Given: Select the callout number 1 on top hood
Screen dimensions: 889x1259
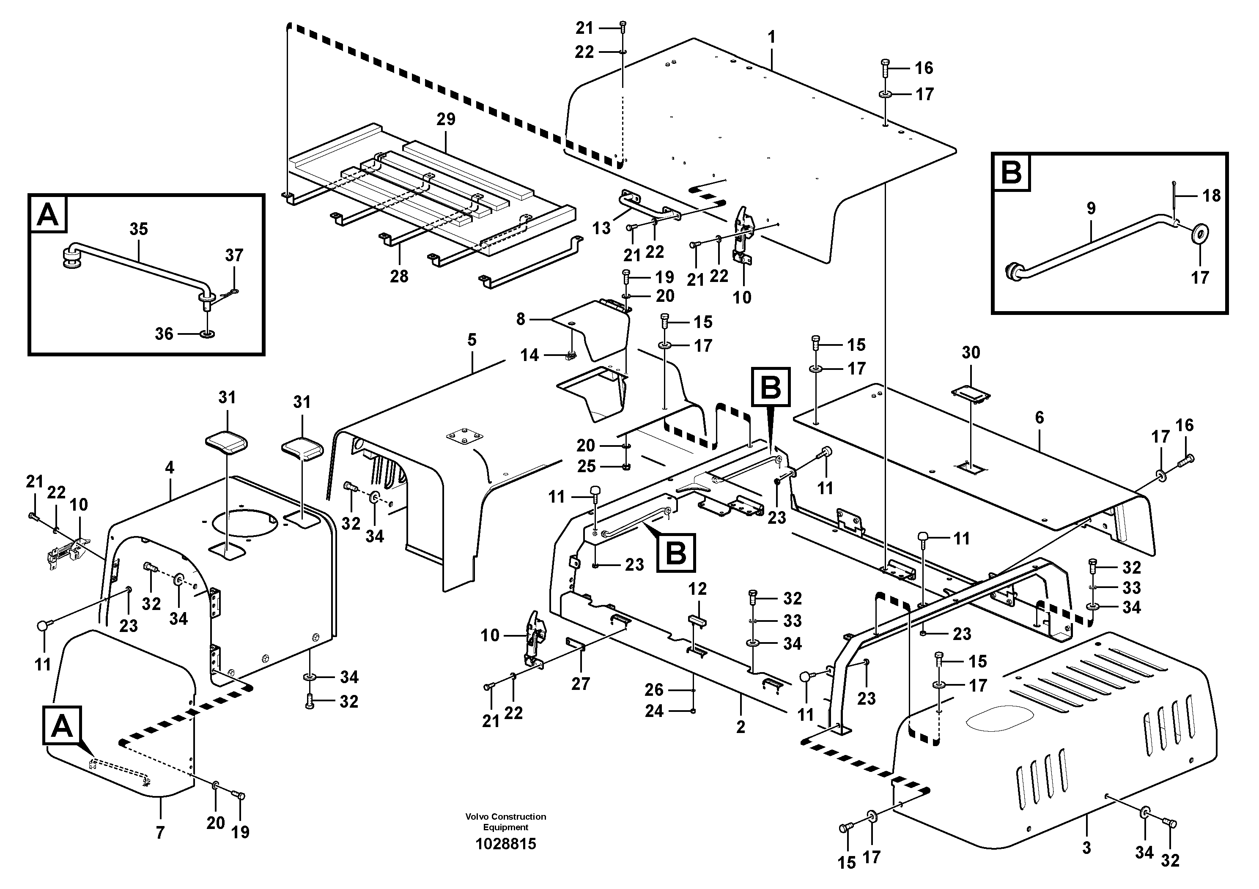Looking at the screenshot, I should pyautogui.click(x=771, y=37).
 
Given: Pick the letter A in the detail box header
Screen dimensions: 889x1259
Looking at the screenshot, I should pyautogui.click(x=48, y=214).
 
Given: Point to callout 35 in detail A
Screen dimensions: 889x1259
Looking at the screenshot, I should pyautogui.click(x=139, y=229).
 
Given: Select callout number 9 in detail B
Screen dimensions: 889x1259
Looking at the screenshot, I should pyautogui.click(x=1091, y=208).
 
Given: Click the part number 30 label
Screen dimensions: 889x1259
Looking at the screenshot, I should pyautogui.click(x=971, y=353).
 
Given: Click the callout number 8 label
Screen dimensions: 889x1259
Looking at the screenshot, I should pyautogui.click(x=520, y=319).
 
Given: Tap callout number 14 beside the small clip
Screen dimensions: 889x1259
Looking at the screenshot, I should pyautogui.click(x=529, y=355).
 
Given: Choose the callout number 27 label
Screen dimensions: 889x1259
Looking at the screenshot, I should pyautogui.click(x=580, y=684).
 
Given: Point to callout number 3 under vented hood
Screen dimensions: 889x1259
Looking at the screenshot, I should pyautogui.click(x=1086, y=848).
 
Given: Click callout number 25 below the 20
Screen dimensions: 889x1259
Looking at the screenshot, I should pyautogui.click(x=586, y=466).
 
